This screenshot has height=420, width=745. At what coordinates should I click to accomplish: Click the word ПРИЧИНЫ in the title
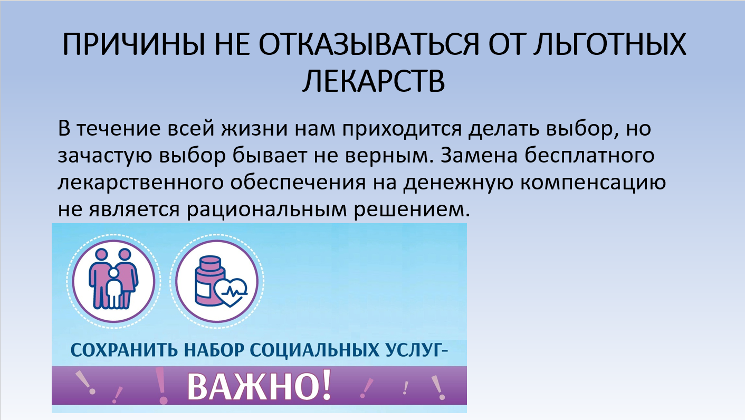click(x=133, y=44)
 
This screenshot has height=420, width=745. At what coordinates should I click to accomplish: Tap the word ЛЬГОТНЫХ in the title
click(x=609, y=44)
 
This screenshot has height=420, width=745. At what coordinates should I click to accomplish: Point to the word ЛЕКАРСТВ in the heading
click(x=374, y=81)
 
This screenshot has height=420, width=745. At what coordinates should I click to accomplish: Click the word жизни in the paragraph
click(x=255, y=129)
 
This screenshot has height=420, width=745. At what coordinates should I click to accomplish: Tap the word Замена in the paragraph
click(x=479, y=155)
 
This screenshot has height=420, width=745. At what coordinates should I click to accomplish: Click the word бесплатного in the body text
click(x=590, y=155)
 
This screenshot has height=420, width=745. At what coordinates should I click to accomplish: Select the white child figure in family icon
click(x=114, y=289)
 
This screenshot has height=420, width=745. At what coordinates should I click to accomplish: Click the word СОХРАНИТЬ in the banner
click(x=124, y=350)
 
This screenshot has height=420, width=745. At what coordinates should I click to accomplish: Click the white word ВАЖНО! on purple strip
click(x=259, y=386)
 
